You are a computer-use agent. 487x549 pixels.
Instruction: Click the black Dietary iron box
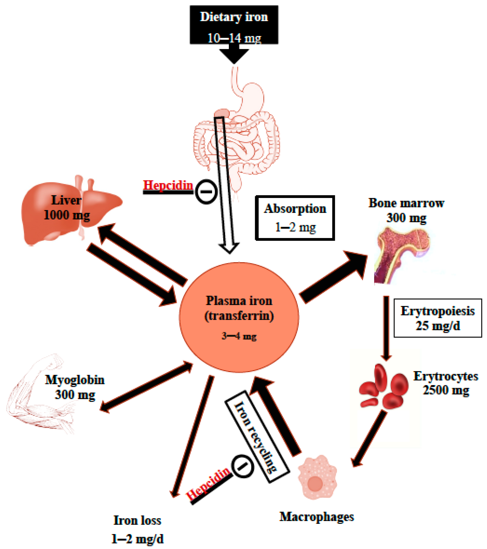click(234, 25)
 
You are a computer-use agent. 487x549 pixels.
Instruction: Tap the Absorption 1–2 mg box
click(295, 218)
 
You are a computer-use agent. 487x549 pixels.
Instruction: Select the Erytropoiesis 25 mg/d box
click(438, 318)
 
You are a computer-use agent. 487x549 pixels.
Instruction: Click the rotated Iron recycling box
click(257, 437)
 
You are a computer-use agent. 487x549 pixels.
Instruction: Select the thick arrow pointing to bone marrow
click(333, 277)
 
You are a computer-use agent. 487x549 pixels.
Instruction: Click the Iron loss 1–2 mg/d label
click(137, 529)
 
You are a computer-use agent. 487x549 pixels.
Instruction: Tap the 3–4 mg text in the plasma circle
click(239, 336)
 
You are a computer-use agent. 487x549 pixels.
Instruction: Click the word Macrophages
click(317, 517)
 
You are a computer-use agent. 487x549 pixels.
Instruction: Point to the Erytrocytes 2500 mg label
click(446, 383)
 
